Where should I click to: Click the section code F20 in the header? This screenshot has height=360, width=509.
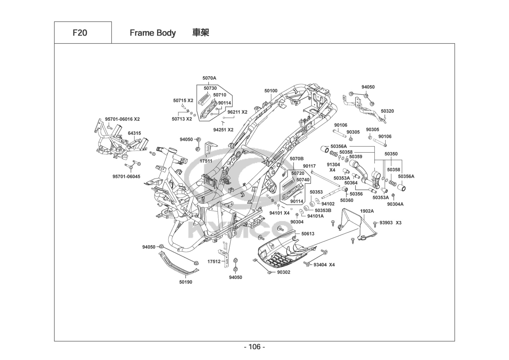79,33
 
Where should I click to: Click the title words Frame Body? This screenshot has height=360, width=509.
153,33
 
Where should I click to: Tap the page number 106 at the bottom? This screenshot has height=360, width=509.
254,347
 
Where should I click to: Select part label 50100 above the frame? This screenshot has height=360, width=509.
271,91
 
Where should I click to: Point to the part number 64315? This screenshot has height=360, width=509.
134,133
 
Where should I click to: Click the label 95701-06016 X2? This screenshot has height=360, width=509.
122,119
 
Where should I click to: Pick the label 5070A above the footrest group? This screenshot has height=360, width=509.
209,78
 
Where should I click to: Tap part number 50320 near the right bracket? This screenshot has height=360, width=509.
387,111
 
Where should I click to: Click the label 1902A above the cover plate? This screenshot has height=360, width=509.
367,211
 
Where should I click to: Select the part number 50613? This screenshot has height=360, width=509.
308,234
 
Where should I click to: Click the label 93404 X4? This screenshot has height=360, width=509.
324,265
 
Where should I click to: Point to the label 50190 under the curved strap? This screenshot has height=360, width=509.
186,282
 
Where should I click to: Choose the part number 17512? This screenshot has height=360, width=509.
214,261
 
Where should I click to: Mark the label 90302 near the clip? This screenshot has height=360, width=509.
283,272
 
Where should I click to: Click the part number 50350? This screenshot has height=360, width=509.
391,154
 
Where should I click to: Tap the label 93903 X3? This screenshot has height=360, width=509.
390,223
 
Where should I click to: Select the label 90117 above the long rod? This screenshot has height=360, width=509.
309,166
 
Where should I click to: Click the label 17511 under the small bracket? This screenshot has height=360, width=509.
206,161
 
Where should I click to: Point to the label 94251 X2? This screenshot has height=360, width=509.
223,130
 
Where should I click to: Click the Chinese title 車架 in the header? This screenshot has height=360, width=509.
200,33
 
